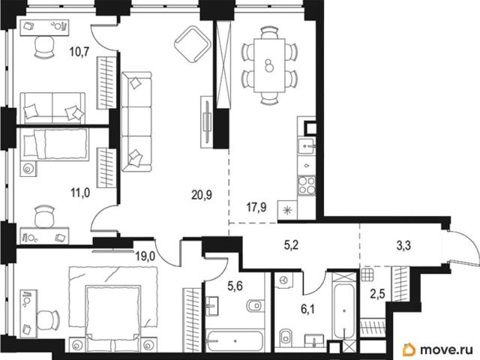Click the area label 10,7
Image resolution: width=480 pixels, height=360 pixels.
[x=79, y=52]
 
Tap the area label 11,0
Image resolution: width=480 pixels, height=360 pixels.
[x=80, y=193]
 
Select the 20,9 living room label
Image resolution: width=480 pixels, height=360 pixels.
[x=202, y=194]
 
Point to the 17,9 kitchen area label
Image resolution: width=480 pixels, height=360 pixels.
[x=256, y=208]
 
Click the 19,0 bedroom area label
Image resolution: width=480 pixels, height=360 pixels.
[x=145, y=256]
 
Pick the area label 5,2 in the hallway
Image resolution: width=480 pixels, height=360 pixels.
[x=291, y=245]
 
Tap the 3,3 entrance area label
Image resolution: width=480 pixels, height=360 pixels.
[x=403, y=245]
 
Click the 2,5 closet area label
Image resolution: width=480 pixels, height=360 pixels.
[x=377, y=295]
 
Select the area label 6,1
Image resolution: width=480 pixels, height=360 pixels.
[x=307, y=310]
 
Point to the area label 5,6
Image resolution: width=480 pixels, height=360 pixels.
[x=235, y=286]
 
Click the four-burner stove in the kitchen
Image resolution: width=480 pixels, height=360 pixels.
[x=307, y=185]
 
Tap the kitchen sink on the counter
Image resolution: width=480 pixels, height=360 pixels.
[x=306, y=146]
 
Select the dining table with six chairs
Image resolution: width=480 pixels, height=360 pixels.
[x=269, y=65]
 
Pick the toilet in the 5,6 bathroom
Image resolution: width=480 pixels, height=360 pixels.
[x=255, y=305]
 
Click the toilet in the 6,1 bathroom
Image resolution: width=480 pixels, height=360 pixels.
[x=285, y=337]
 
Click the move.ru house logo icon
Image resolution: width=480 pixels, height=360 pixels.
[x=409, y=349]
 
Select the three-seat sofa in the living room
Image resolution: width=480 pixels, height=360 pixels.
[x=136, y=121]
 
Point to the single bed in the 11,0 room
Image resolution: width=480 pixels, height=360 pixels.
[x=55, y=144]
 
